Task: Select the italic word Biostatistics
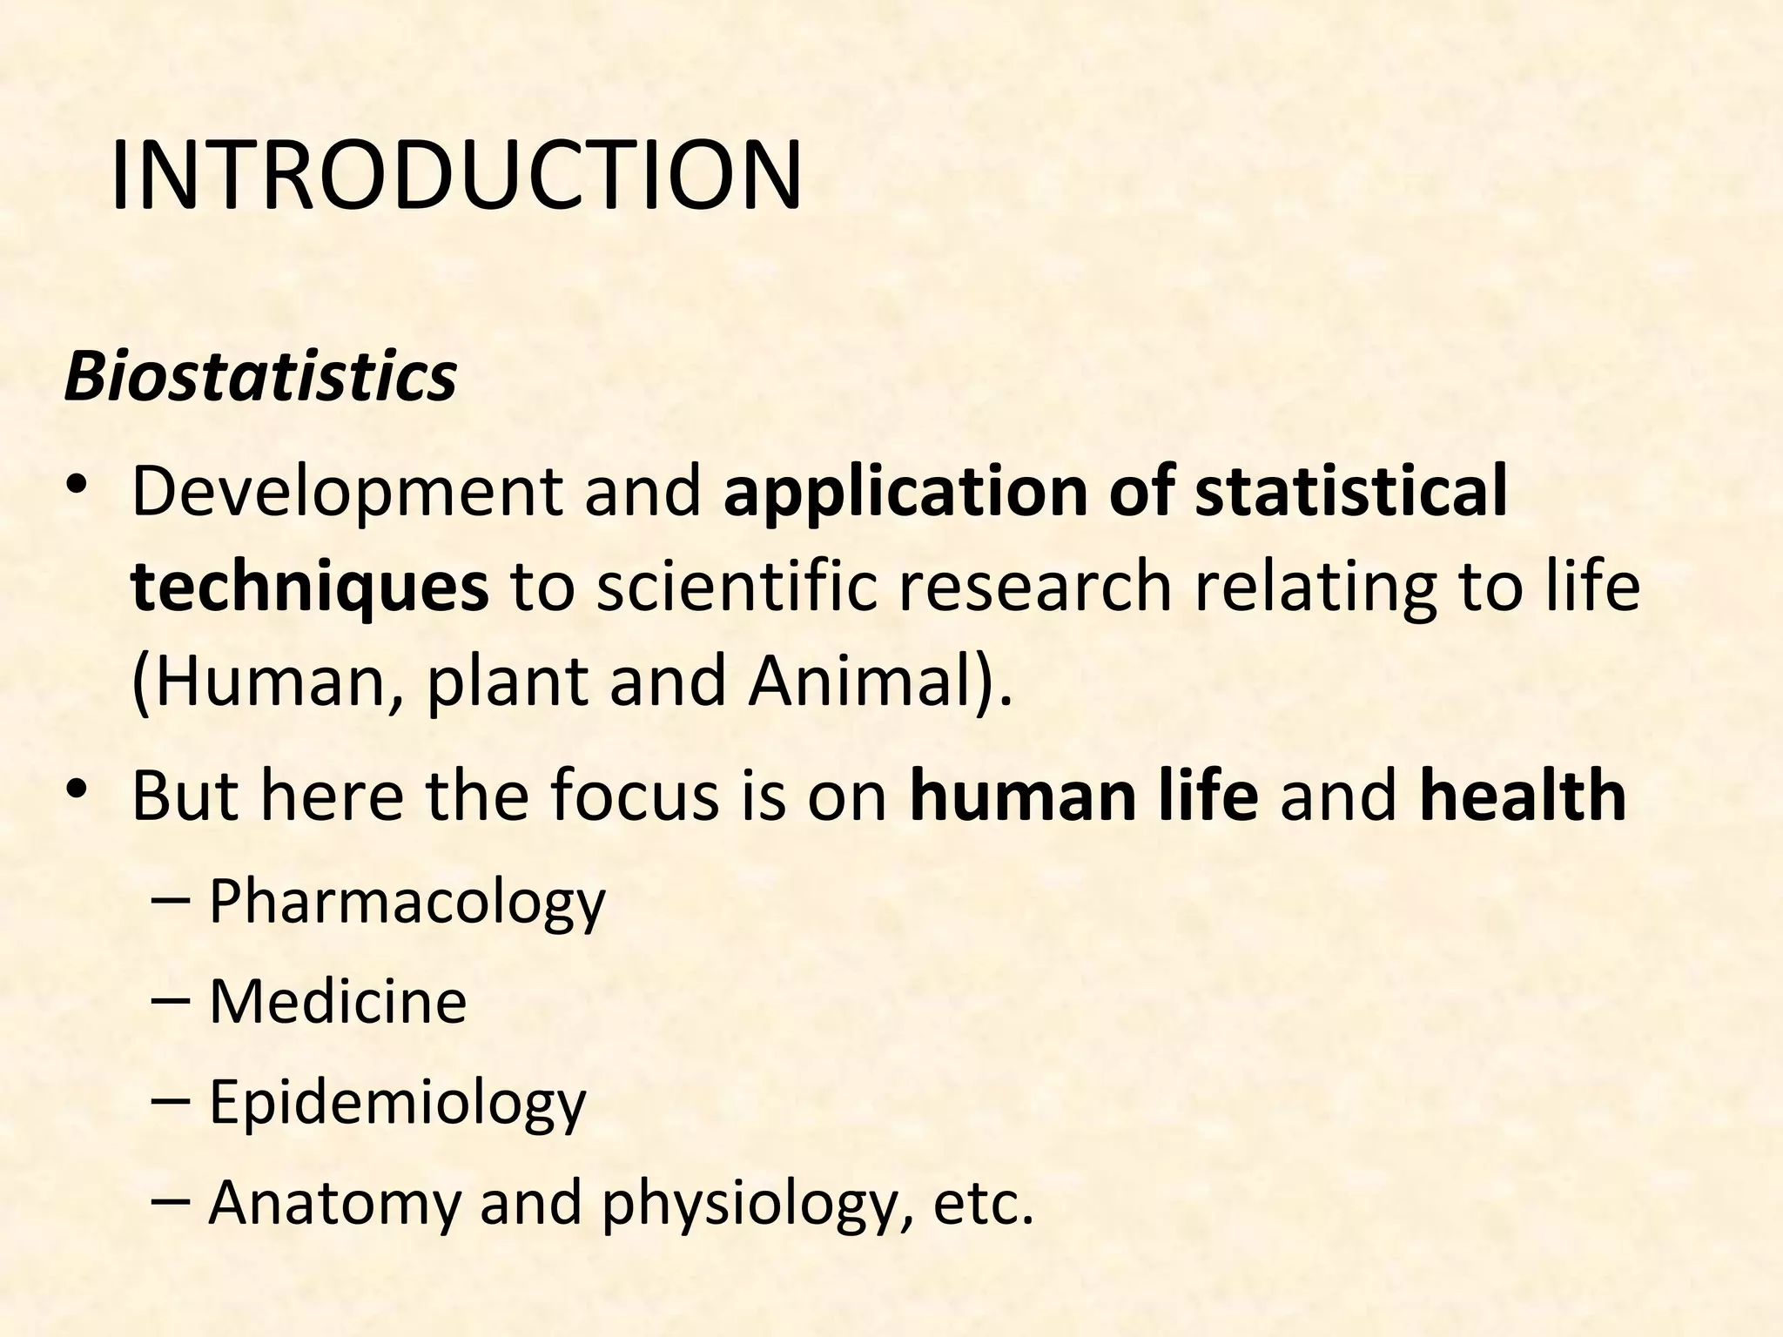(260, 377)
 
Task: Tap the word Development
(347, 493)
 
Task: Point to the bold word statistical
(1350, 493)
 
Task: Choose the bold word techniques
(310, 587)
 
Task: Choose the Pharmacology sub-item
(407, 904)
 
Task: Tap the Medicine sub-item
(338, 1002)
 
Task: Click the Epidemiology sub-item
(398, 1104)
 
